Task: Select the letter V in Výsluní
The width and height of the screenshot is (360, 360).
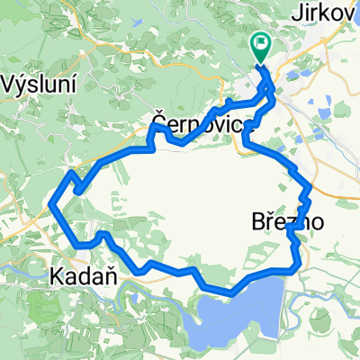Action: (x=10, y=85)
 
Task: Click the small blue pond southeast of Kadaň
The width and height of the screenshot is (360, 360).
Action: (x=133, y=289)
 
